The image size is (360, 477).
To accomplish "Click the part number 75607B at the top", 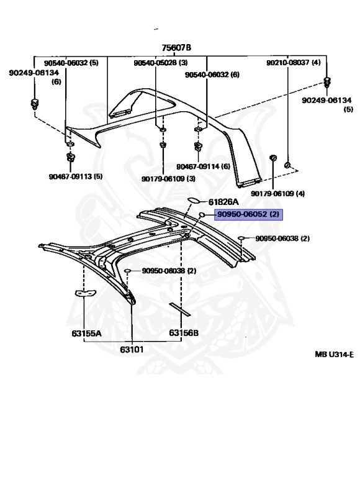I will click(176, 48).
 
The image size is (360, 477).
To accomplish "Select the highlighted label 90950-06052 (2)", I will click(248, 215).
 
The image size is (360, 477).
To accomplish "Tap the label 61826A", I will click(223, 202).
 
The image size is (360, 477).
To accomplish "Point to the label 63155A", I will click(86, 333).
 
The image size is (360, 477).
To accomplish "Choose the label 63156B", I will click(184, 333).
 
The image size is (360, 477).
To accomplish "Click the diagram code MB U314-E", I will click(333, 354).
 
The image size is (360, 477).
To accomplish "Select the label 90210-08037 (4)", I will click(294, 63).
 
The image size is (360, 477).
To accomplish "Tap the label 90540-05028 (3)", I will click(160, 63).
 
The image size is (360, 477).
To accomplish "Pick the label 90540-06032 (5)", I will click(71, 63).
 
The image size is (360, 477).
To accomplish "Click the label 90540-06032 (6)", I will click(212, 75).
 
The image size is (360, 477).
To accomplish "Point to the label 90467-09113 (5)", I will click(75, 176).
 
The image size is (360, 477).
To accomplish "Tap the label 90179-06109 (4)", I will click(278, 194).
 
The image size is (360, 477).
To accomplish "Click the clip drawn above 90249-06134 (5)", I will click(327, 83).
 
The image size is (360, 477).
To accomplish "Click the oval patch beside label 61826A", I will click(193, 200).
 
